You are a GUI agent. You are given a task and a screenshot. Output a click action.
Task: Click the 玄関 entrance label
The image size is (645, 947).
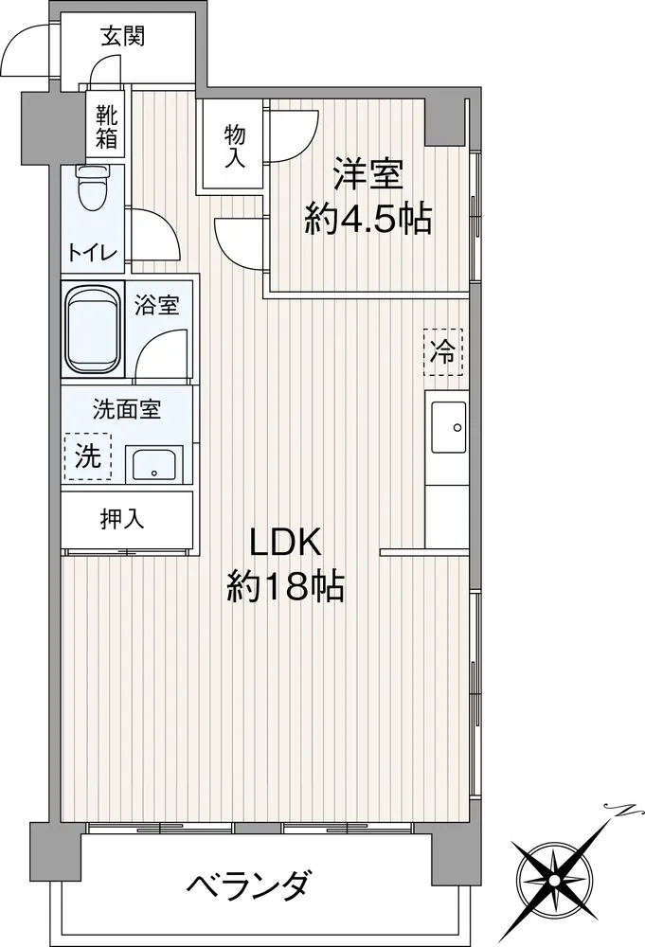click(122, 38)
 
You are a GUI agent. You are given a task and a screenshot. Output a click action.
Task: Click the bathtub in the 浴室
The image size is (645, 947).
click(93, 331)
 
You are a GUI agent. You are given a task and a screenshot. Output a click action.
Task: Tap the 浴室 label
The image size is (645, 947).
click(156, 306)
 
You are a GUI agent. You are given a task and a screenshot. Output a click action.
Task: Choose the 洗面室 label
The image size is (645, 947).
click(126, 409)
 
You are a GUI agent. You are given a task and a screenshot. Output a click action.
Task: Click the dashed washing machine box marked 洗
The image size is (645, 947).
click(87, 456)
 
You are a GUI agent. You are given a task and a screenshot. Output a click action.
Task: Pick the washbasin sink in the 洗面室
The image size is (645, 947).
click(154, 464)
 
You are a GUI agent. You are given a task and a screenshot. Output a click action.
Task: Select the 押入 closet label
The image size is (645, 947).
click(122, 518)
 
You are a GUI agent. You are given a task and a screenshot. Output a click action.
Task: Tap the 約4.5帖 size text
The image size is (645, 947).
click(367, 219)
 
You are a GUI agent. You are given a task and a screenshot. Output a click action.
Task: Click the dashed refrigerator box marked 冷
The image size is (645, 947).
click(442, 351)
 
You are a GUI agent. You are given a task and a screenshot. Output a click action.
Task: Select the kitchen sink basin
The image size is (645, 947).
click(448, 428)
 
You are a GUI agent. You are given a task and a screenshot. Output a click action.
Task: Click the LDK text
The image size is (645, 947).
click(285, 544)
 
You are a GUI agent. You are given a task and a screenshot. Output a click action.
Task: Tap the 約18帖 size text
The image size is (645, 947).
click(285, 586)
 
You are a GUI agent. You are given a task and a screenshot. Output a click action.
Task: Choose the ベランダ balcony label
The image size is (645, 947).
click(249, 886)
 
